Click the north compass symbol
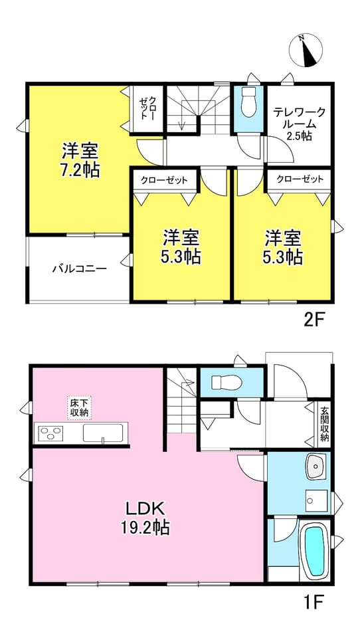[x=306, y=51]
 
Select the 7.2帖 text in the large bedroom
[x=80, y=171]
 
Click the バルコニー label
[x=79, y=268]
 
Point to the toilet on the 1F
[x=226, y=382]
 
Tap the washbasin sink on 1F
[x=316, y=467]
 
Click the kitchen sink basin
[x=103, y=433]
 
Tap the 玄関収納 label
[x=324, y=425]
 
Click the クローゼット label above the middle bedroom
[x=164, y=180]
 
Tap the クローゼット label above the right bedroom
[x=300, y=179]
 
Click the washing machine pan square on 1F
[x=316, y=498]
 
